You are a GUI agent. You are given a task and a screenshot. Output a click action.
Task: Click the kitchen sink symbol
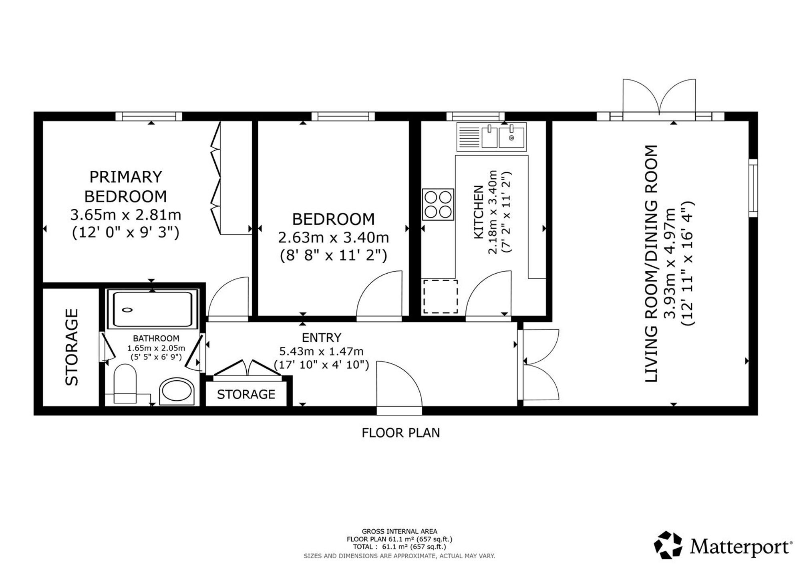click(492, 137)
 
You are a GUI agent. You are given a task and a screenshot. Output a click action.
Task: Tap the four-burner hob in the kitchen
click(438, 204)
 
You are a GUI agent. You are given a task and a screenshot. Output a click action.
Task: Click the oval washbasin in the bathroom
click(177, 391)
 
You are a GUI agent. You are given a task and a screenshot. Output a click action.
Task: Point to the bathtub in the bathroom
click(152, 309)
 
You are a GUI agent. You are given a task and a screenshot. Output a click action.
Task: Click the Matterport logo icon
click(668, 545)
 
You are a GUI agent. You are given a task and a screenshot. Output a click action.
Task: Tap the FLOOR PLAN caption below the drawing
click(400, 433)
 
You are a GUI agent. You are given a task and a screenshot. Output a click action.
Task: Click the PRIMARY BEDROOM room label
click(125, 186)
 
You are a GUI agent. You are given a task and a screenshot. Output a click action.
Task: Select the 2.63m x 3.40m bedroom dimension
click(333, 238)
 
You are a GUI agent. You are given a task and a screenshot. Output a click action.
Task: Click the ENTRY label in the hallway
click(322, 337)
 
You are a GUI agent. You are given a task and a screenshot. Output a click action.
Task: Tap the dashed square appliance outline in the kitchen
click(441, 297)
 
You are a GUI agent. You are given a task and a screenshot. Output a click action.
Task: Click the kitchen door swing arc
click(489, 295)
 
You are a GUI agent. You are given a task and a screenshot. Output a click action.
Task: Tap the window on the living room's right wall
click(753, 188)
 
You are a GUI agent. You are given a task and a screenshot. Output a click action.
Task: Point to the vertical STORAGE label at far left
click(72, 347)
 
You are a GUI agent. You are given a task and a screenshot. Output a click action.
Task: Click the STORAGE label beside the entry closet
click(246, 394)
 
